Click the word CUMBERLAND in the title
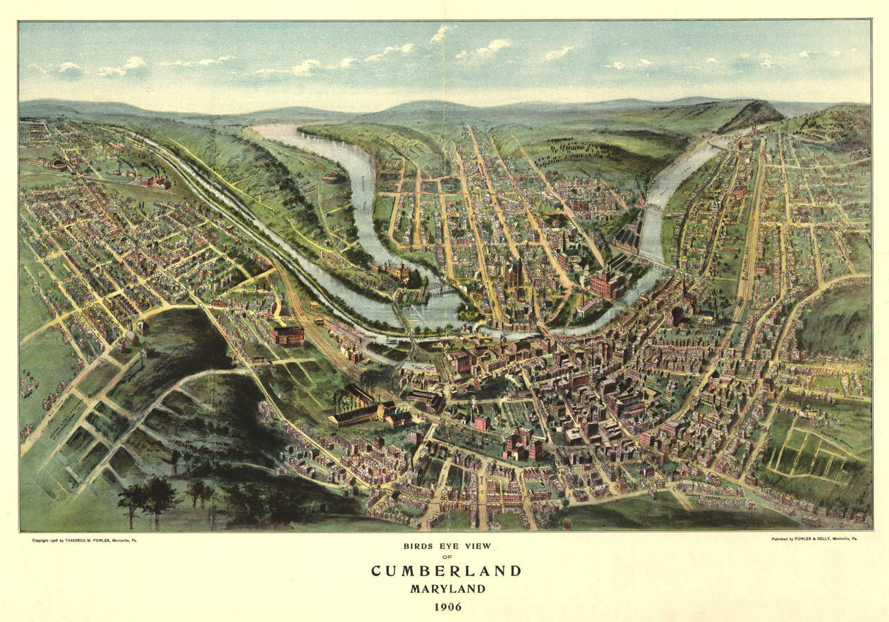pos(446,571)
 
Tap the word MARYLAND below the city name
pos(446,589)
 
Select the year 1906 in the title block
pos(447,607)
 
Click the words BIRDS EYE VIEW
pos(447,546)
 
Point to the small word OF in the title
pos(447,557)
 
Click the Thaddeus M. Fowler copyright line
pos(84,540)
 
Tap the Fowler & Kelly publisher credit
pos(813,539)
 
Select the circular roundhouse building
pos(58,164)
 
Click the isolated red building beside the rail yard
pos(288,336)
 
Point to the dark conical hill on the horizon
pos(754,113)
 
